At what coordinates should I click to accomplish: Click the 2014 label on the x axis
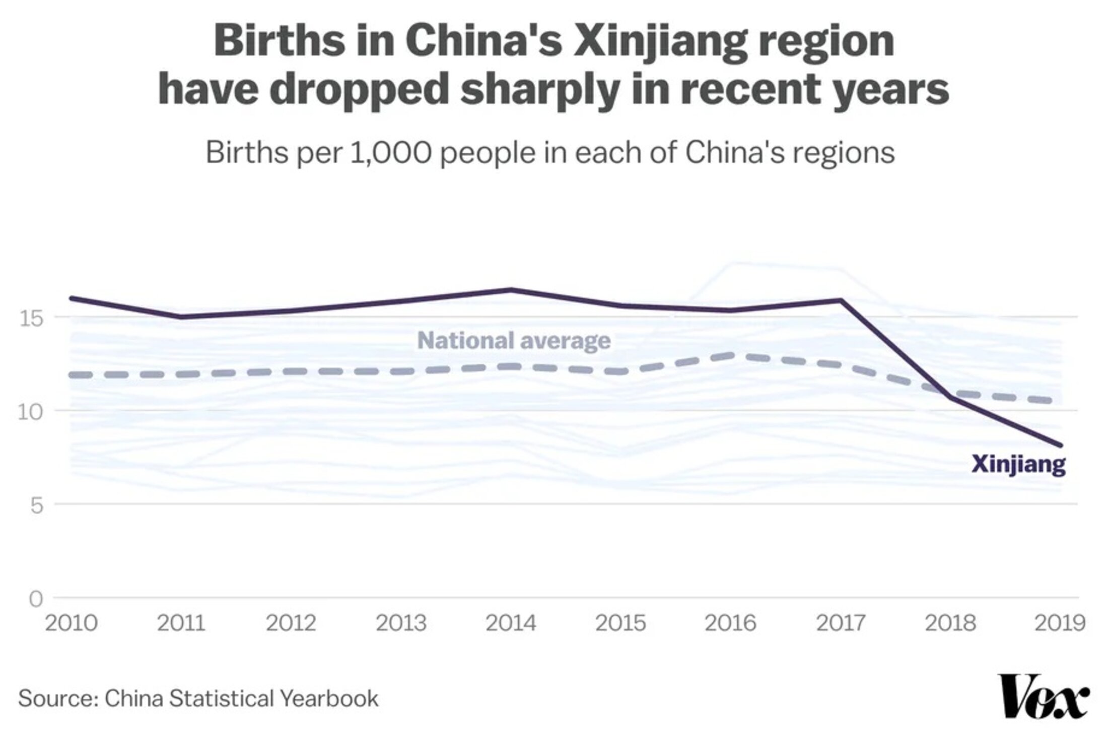tap(511, 623)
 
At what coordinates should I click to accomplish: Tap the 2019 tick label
tap(1060, 623)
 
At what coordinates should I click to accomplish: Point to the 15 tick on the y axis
tap(31, 319)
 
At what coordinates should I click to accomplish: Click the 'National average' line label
tap(514, 341)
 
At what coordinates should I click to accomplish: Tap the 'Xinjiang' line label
tap(1018, 464)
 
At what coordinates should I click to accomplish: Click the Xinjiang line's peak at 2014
tap(511, 290)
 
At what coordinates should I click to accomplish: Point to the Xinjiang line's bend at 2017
tap(840, 300)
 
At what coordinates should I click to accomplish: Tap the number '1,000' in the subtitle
tap(390, 152)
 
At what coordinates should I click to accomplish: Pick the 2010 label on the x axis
tap(71, 623)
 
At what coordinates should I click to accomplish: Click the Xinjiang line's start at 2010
tap(71, 298)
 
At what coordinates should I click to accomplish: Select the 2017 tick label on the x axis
tap(840, 623)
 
